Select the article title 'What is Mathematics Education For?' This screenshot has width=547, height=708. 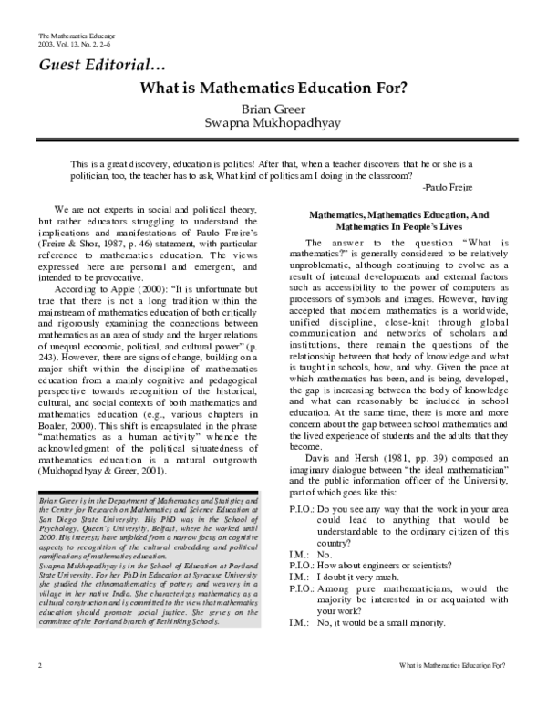[273, 89]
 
